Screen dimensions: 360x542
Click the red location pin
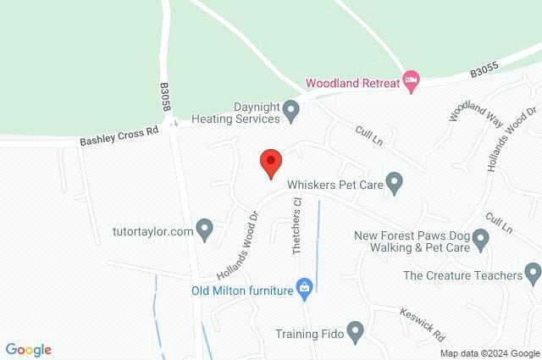tap(270, 161)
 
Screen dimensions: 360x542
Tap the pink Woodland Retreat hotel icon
tap(411, 82)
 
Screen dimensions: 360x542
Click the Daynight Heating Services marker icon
tap(290, 109)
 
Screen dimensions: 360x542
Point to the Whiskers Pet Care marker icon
tap(394, 182)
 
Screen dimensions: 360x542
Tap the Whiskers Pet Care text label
tap(334, 182)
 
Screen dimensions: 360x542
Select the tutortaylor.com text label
tap(152, 230)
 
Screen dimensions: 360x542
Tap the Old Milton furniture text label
tap(241, 290)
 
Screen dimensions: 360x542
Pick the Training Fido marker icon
tap(355, 332)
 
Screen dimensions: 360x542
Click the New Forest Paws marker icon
tap(481, 239)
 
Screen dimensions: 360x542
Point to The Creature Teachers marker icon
tap(533, 274)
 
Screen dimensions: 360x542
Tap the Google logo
tap(29, 350)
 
